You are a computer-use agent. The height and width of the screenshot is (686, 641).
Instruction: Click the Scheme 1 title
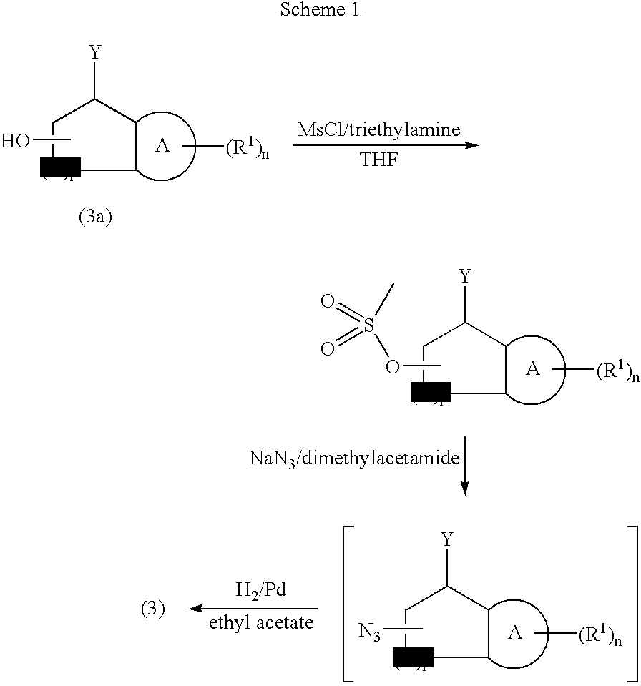(x=320, y=10)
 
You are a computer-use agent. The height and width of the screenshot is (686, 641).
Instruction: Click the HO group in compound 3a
(x=15, y=141)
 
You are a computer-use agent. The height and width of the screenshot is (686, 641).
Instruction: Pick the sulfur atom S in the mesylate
(x=368, y=325)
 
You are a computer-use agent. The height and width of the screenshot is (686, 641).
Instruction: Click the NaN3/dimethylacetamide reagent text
(x=353, y=459)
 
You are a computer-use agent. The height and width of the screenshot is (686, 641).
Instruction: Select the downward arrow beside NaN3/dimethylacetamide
(x=464, y=466)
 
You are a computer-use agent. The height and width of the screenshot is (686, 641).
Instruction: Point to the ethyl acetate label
(x=261, y=623)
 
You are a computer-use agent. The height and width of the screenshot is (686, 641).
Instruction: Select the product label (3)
(x=152, y=609)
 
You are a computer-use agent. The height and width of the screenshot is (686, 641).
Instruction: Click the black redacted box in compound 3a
(x=60, y=166)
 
